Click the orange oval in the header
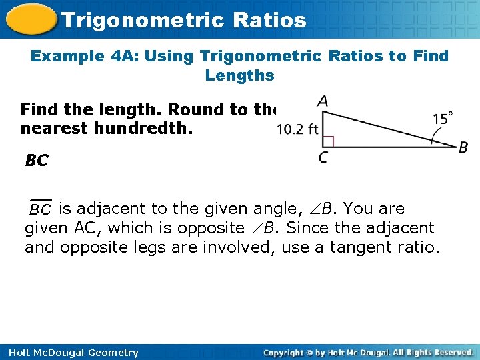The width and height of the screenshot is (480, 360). tap(31, 19)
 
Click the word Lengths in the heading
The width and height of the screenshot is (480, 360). tap(240, 75)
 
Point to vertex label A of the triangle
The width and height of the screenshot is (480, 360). tap(323, 101)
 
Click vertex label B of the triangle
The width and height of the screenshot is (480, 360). tap(463, 147)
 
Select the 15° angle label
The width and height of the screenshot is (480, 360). tap(443, 119)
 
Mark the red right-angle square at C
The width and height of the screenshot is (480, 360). tap(328, 141)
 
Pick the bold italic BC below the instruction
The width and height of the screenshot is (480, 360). tap(37, 161)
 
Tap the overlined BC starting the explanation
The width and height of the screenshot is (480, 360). tap(40, 209)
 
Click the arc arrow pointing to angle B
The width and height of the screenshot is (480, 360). tap(440, 139)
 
